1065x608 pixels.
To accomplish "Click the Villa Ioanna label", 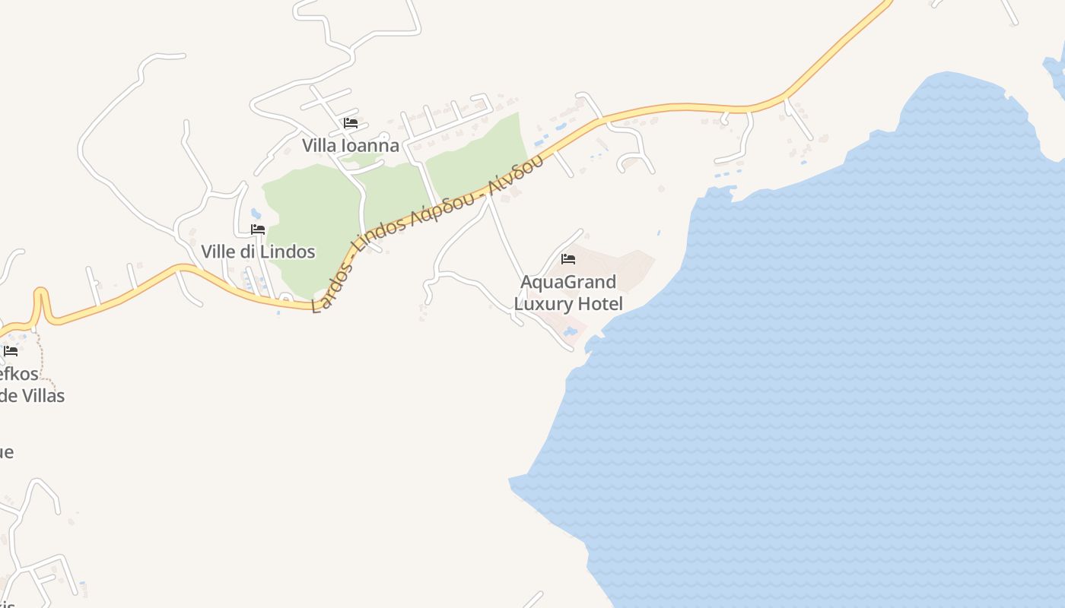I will pos(351,145).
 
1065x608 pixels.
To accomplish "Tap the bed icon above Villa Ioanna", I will pos(351,122).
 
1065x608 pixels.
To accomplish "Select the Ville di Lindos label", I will pos(258,252).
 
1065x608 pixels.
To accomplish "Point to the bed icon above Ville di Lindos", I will pos(258,229).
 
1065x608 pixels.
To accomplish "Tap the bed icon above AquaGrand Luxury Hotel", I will pos(568,259).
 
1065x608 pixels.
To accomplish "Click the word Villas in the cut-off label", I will pos(43,395).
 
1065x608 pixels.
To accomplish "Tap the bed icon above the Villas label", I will pos(11,351).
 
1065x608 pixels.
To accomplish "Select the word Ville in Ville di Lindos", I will pos(218,252).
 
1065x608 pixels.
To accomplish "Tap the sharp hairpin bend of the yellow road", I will pos(40,293).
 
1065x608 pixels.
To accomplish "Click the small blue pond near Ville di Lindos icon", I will pos(256,214).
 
